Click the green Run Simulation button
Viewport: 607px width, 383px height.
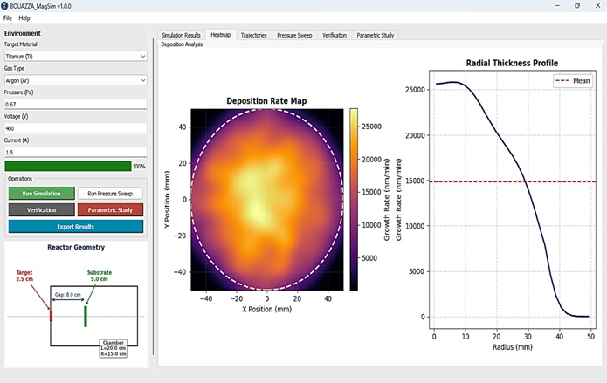41,194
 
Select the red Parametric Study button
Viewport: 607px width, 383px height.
110,210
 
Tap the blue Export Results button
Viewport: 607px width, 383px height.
76,227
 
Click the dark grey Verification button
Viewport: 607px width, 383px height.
41,210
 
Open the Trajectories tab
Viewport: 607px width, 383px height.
254,35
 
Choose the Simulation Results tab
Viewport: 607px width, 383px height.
181,35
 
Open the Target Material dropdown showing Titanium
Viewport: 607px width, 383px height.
76,57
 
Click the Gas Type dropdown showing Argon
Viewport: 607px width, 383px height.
76,80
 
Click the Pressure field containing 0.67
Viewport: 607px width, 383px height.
76,105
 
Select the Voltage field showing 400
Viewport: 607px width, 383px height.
76,128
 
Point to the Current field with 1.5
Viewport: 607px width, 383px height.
76,153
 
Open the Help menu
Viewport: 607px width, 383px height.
24,18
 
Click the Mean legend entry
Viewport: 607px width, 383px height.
573,80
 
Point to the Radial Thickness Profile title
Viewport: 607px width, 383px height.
512,63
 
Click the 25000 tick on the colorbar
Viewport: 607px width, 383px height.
372,127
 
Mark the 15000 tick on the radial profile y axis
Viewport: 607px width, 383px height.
415,181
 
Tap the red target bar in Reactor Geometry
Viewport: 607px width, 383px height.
51,316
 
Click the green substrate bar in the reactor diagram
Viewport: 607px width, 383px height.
86,317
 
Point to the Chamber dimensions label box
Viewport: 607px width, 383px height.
114,348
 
